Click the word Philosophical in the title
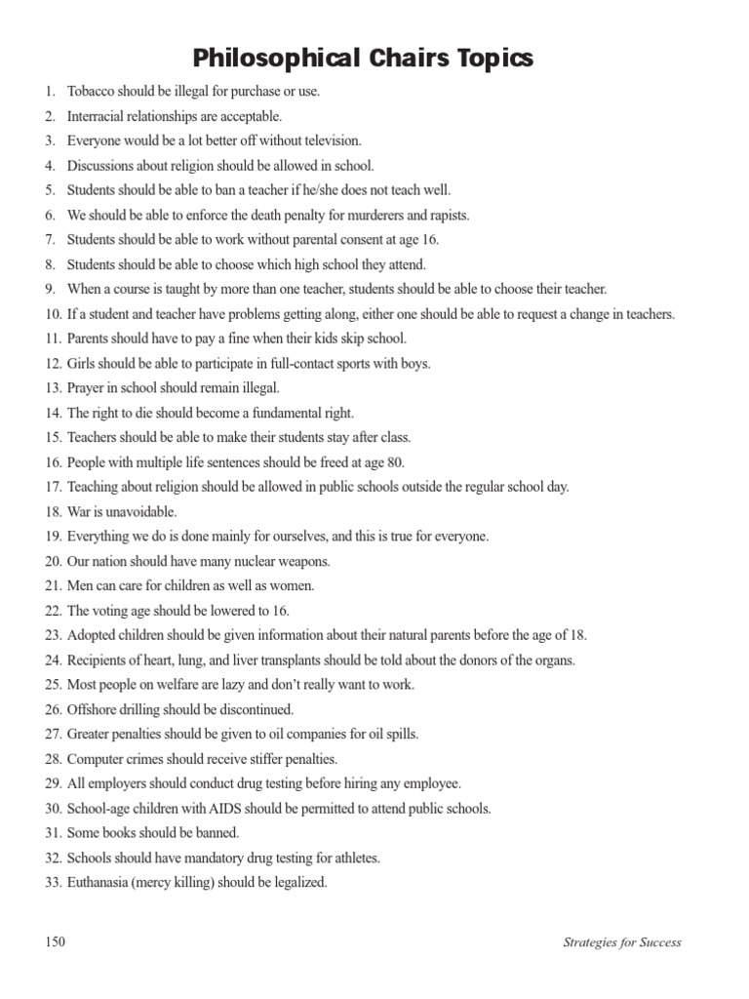[x=274, y=59]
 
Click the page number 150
[x=55, y=941]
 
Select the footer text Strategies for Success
[x=622, y=942]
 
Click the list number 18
[x=52, y=512]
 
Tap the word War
[x=79, y=512]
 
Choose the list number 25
[x=52, y=685]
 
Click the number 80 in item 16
[x=394, y=462]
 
